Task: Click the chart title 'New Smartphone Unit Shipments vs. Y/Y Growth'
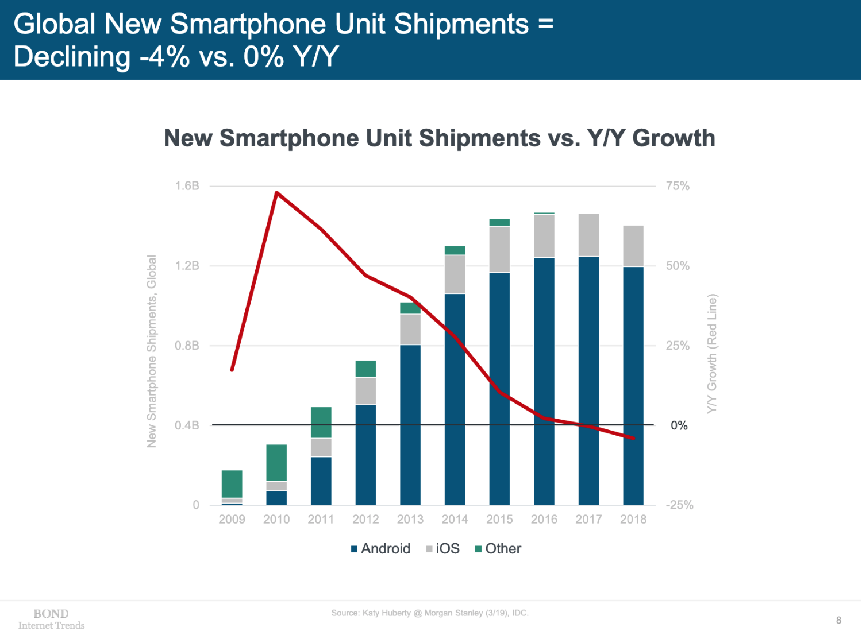tap(439, 138)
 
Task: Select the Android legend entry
tap(380, 549)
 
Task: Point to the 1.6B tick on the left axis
tap(187, 186)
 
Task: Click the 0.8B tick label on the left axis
tap(187, 346)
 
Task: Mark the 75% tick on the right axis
tap(678, 186)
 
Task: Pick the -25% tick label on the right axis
tap(679, 505)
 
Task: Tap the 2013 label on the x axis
tap(410, 520)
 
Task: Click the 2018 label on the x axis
tap(633, 520)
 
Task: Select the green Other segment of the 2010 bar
tap(276, 463)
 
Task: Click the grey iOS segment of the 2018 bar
tap(633, 246)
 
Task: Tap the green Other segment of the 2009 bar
tap(232, 484)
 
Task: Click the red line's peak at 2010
tap(277, 193)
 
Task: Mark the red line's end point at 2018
tap(633, 438)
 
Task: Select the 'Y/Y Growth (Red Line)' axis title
tap(712, 354)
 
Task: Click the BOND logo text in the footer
tap(51, 614)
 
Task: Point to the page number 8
tap(838, 620)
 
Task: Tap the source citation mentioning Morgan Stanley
tap(430, 613)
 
